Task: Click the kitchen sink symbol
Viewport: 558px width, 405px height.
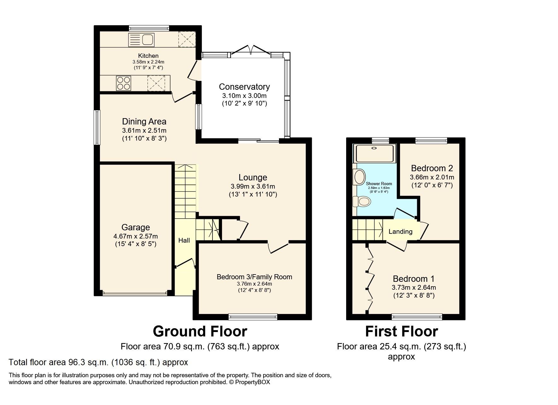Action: click(142, 40)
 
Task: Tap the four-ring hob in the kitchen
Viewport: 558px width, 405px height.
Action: click(123, 83)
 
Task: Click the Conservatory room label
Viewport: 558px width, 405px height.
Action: click(244, 87)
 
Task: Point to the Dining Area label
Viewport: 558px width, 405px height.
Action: click(144, 122)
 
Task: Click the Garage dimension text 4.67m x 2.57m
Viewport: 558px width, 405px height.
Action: click(136, 236)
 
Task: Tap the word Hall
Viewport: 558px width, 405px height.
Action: click(184, 240)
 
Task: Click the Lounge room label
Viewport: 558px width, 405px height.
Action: click(253, 178)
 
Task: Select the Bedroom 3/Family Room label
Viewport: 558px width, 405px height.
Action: click(254, 277)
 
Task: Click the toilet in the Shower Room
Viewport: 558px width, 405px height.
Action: click(362, 201)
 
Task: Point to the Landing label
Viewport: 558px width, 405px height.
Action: click(400, 232)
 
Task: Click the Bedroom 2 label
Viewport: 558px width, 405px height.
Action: click(432, 168)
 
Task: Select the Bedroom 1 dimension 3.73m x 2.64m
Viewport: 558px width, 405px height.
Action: click(414, 287)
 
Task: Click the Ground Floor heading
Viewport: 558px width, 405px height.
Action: click(200, 331)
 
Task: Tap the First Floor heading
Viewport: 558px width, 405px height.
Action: click(401, 331)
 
